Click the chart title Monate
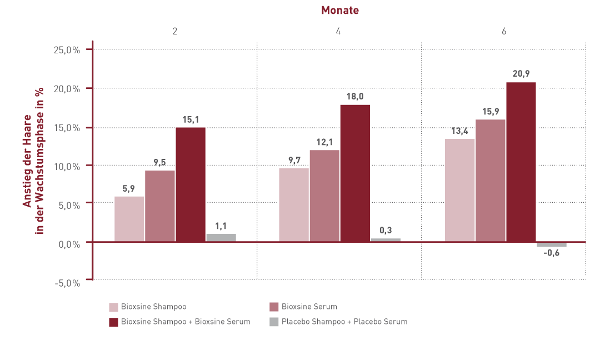[x=340, y=10]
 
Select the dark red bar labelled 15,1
[x=191, y=184]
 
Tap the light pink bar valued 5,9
[x=129, y=219]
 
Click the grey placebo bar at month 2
[x=221, y=238]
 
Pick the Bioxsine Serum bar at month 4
[x=324, y=196]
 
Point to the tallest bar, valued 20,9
[x=521, y=162]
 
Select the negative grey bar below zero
[x=552, y=244]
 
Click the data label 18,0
[x=356, y=96]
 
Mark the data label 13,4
[x=460, y=131]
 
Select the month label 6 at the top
[x=504, y=32]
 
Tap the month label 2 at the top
[x=175, y=32]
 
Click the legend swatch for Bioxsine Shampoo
[x=113, y=307]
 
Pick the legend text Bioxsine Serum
[x=309, y=307]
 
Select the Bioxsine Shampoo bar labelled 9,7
[x=294, y=204]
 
